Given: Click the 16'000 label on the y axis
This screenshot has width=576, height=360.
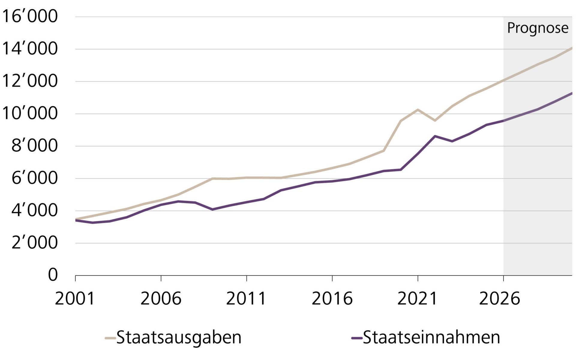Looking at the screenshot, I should pyautogui.click(x=29, y=16).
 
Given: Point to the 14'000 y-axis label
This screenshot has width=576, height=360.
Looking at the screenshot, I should pyautogui.click(x=29, y=49).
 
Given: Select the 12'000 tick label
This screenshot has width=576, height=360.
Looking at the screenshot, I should pyautogui.click(x=29, y=81).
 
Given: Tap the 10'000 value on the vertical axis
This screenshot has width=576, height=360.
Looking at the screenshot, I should pyautogui.click(x=29, y=113).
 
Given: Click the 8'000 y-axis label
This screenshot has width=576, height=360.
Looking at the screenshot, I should pyautogui.click(x=34, y=146).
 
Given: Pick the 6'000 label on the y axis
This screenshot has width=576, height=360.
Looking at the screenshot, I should pyautogui.click(x=34, y=178).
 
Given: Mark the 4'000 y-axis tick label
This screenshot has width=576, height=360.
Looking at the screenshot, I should pyautogui.click(x=34, y=211).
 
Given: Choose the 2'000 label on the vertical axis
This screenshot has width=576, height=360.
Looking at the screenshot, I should pyautogui.click(x=34, y=243).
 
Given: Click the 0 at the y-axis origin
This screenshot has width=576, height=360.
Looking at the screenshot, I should pyautogui.click(x=53, y=275).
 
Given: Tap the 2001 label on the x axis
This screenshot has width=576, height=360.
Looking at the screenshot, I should pyautogui.click(x=75, y=299).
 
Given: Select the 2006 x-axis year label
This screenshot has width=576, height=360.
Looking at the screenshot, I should pyautogui.click(x=161, y=299).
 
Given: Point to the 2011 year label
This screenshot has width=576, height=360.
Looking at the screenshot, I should pyautogui.click(x=246, y=299).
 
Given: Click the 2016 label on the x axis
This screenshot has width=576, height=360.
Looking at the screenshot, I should pyautogui.click(x=332, y=299).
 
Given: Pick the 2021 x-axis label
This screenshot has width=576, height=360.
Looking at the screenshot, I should pyautogui.click(x=417, y=299).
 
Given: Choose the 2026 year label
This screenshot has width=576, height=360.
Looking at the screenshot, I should pyautogui.click(x=499, y=299).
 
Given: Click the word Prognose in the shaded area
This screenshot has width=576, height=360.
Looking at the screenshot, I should pyautogui.click(x=538, y=28).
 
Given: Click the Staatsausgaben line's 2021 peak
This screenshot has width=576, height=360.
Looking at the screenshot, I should pyautogui.click(x=418, y=110).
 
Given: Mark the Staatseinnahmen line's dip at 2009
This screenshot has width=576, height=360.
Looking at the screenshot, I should pyautogui.click(x=212, y=209).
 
